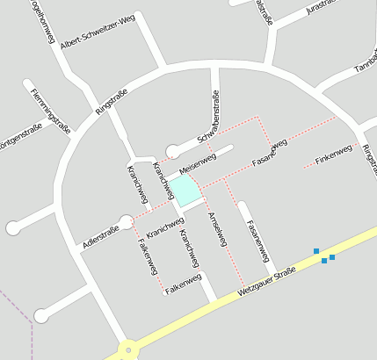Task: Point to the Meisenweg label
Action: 197,162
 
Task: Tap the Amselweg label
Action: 216,227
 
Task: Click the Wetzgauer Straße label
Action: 267,287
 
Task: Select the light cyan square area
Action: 184,190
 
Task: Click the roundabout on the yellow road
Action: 128,350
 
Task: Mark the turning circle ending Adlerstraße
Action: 127,221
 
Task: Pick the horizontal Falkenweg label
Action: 183,284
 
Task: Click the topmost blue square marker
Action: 316,251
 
